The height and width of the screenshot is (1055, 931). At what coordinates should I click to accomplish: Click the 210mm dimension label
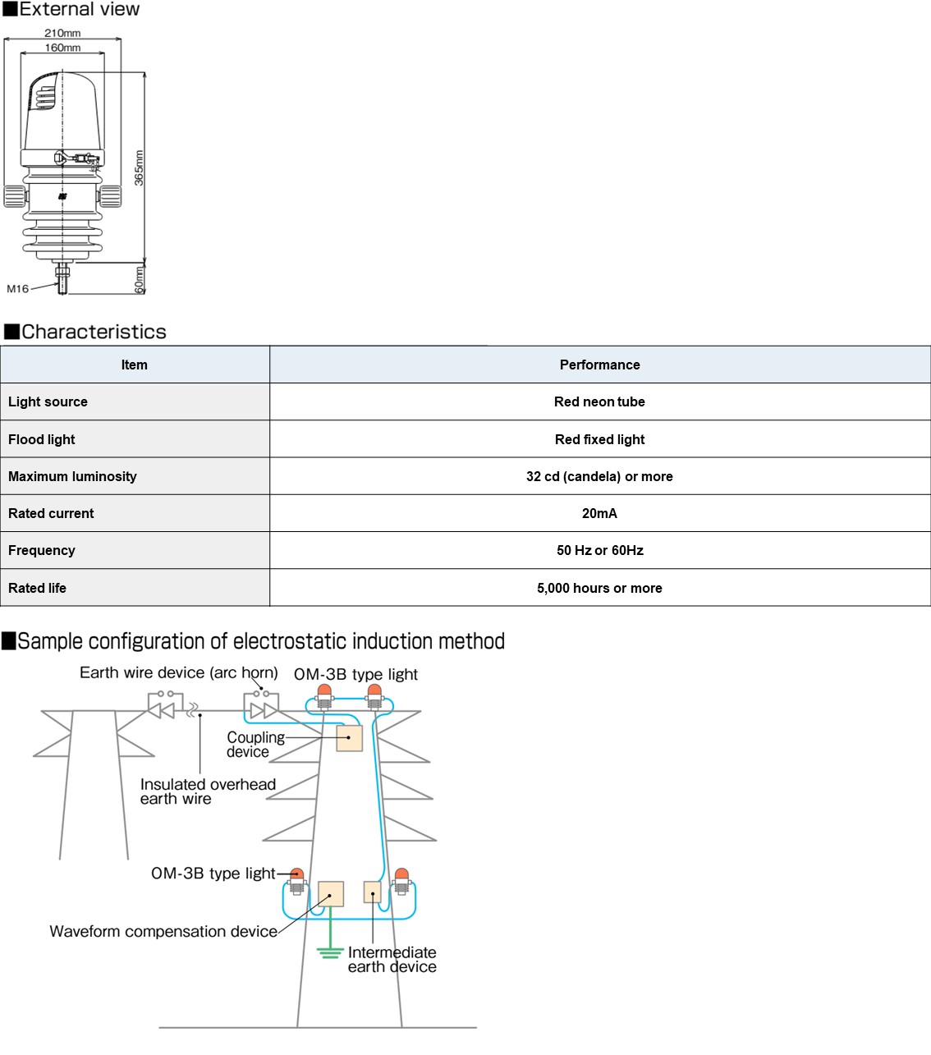click(x=62, y=33)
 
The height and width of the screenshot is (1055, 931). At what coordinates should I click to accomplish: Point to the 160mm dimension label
click(x=62, y=48)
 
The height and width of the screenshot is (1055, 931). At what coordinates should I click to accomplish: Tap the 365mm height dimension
click(x=139, y=167)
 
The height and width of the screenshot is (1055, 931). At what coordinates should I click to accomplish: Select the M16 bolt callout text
click(x=18, y=288)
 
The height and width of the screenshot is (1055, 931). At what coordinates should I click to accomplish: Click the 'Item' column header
click(x=135, y=365)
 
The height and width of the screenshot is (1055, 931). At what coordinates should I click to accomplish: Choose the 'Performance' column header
click(x=600, y=365)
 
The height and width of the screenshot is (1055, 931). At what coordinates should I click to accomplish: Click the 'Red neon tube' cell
click(x=599, y=401)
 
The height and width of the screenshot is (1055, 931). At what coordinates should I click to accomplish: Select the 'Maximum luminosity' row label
click(x=72, y=476)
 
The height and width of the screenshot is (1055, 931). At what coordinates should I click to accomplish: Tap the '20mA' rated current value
click(x=599, y=513)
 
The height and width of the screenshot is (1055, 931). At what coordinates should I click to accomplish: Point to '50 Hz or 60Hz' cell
click(x=600, y=550)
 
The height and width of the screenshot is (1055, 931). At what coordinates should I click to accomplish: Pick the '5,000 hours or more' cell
click(x=599, y=587)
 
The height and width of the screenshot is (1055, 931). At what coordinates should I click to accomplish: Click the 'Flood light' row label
click(x=42, y=439)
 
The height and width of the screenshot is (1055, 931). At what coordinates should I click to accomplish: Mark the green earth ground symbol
click(x=330, y=953)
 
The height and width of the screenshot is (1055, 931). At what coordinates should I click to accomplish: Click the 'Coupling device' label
click(x=255, y=744)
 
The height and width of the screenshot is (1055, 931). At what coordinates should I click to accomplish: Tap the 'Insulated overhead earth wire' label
click(x=208, y=791)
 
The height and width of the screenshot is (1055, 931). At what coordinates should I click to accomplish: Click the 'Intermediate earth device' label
click(x=392, y=959)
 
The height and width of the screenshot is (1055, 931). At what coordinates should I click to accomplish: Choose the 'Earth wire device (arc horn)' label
click(x=179, y=672)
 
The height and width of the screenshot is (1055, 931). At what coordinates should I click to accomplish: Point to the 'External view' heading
click(x=71, y=9)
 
